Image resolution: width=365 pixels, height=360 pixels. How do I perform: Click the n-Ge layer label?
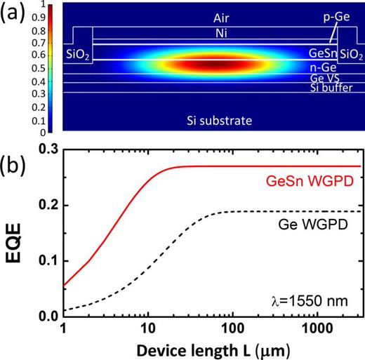(324, 67)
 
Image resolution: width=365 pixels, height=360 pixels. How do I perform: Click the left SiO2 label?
(77, 55)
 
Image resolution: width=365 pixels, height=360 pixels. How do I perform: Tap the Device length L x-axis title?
(213, 349)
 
